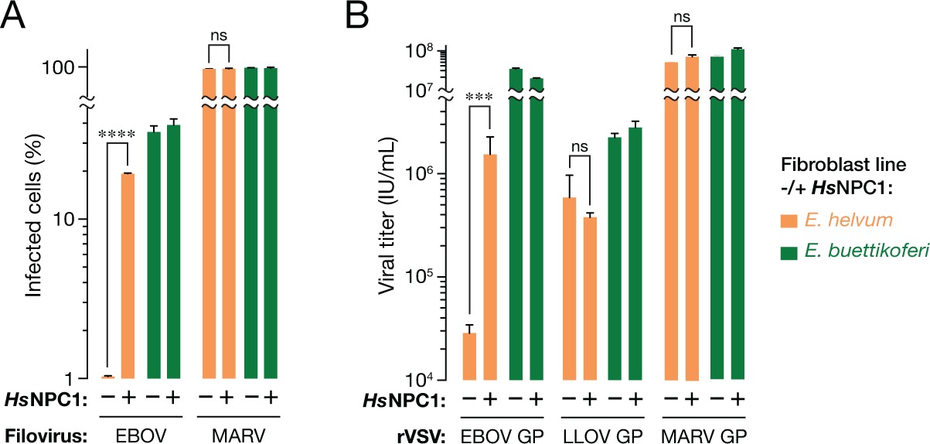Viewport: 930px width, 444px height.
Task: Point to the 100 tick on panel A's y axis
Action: point(63,67)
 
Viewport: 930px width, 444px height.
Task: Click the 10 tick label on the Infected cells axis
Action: point(66,218)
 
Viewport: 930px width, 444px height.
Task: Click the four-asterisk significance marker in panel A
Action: point(116,134)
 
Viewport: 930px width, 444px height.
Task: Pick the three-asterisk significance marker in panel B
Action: point(479,97)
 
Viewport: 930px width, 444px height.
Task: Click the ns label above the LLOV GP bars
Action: point(580,142)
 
